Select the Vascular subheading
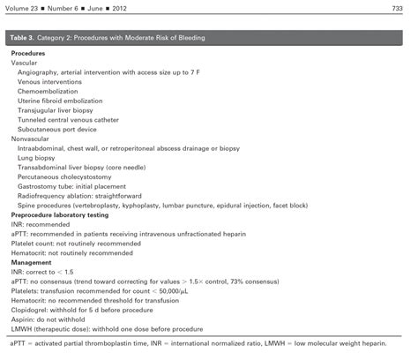(26, 64)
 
